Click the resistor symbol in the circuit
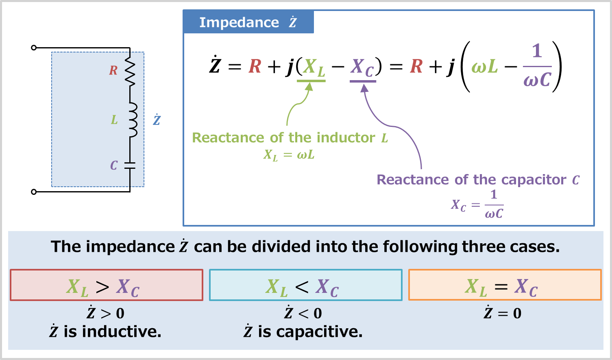[x=130, y=71]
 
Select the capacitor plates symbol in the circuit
[x=130, y=165]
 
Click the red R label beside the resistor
[x=113, y=71]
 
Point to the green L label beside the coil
[x=114, y=120]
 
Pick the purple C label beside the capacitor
[x=114, y=165]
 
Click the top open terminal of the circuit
[x=34, y=48]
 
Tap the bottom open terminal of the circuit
[x=34, y=192]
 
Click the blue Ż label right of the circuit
[x=157, y=120]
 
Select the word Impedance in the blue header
[x=239, y=22]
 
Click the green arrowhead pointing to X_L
[x=309, y=87]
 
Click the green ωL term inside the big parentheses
[x=485, y=66]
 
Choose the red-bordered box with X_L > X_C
[x=106, y=285]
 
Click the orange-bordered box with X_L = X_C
[x=505, y=285]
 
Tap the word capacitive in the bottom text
[x=319, y=332]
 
